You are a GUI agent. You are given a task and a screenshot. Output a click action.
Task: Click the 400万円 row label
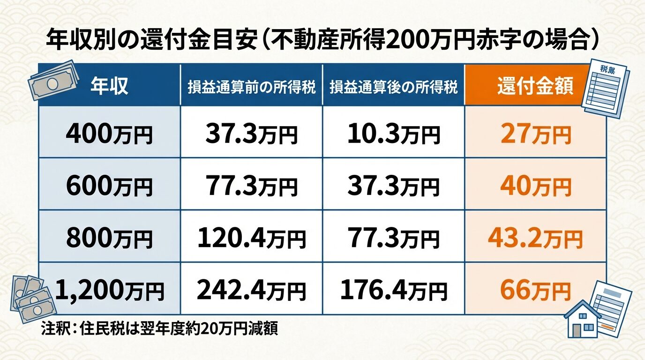click(109, 135)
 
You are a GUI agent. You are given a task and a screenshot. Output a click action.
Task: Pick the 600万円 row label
click(109, 187)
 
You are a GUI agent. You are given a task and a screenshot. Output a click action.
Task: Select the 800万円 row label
click(109, 239)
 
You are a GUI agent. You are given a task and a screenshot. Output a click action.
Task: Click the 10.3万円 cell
click(394, 135)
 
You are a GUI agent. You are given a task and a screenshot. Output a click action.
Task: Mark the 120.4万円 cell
click(252, 239)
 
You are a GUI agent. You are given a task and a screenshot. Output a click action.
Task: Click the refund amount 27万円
click(535, 135)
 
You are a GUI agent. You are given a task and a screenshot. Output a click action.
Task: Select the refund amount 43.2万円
click(535, 239)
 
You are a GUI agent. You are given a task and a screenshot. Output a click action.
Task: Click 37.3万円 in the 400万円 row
click(252, 135)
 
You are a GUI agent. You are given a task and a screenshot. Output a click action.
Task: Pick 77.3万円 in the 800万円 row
click(394, 239)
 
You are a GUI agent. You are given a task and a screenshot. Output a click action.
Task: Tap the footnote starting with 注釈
click(160, 328)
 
